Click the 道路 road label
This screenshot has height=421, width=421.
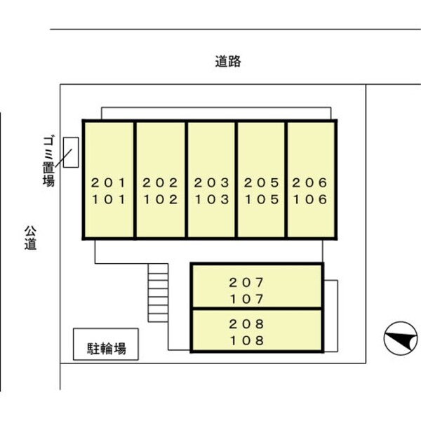228,61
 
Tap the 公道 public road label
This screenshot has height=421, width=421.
30,238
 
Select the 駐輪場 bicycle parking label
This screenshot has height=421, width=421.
107,349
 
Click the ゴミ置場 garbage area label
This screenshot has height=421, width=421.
48,161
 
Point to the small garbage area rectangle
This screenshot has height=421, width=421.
71,152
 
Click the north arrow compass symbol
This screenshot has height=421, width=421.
401,338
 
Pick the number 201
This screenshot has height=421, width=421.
109,183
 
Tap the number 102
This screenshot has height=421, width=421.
160,199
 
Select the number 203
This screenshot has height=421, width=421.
212,183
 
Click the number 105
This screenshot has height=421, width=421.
262,199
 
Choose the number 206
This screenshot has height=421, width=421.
309,183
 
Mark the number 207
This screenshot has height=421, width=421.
246,283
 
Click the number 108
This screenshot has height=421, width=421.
247,341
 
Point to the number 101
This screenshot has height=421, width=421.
109,199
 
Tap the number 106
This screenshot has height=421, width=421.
310,199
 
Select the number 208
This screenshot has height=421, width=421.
246,324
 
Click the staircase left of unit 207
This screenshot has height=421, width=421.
158,293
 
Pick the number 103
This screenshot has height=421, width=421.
212,199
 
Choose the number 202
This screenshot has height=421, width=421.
160,183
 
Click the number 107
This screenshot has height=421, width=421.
247,300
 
